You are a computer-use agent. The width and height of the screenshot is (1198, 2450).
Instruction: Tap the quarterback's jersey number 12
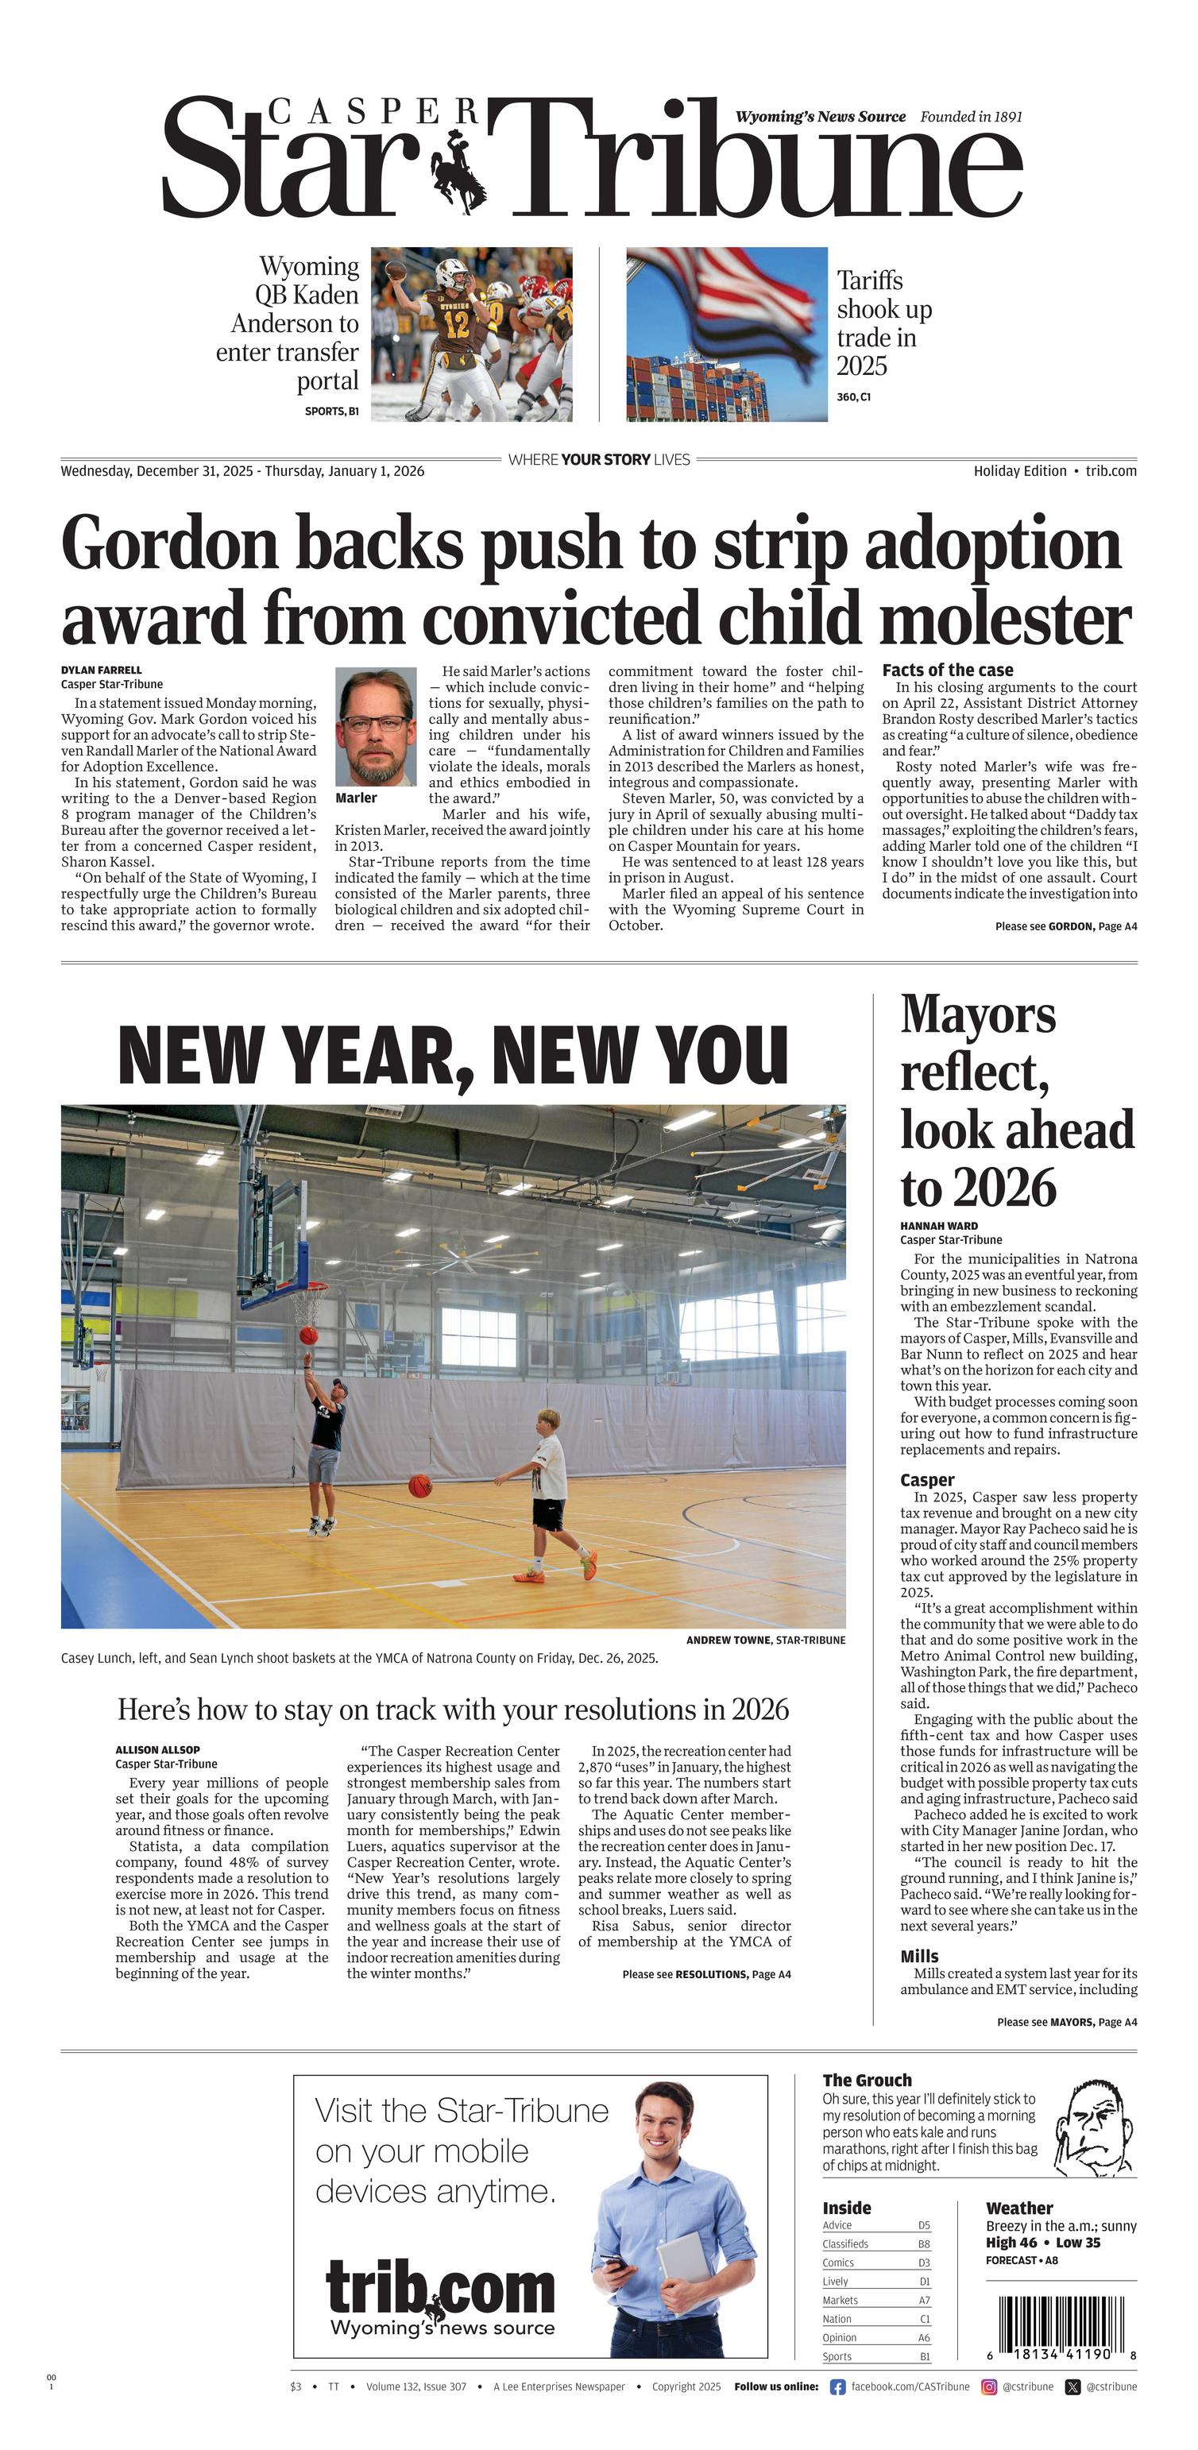(x=458, y=323)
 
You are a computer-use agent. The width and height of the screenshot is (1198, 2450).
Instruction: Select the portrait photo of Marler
(x=376, y=725)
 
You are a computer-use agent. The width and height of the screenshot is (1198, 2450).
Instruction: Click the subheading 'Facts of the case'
(x=947, y=670)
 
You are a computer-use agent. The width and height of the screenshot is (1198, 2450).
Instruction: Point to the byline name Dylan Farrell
(x=101, y=670)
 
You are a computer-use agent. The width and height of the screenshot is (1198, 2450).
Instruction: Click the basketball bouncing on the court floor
(x=419, y=1486)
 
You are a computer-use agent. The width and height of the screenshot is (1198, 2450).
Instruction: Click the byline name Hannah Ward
(x=938, y=1226)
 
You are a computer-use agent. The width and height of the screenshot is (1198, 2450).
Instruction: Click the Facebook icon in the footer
(x=837, y=2386)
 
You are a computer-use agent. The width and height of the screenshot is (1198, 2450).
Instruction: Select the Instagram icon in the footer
(x=989, y=2386)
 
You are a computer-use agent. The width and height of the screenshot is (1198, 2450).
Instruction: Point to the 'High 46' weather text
(x=1011, y=2243)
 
